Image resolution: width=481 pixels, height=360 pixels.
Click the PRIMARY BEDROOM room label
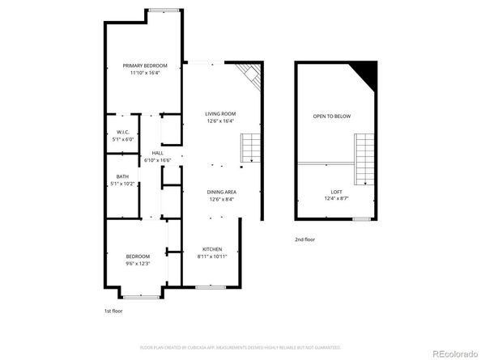pos(146,66)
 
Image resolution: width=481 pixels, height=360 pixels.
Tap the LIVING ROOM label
pos(219,114)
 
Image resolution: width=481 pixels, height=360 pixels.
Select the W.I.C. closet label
pos(123,132)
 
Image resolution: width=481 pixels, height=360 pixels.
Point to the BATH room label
pos(122,176)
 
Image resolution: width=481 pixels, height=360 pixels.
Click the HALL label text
pos(157,153)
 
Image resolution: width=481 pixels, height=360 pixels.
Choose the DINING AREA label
pos(222,192)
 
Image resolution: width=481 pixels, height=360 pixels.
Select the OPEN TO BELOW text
pos(332,116)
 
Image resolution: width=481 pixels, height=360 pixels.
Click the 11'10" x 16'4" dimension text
pos(146,73)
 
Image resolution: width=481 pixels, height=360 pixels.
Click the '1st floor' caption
pos(114,311)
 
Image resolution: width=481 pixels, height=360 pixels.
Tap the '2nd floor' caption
pos(306,240)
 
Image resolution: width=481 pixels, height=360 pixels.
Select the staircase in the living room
pos(251,149)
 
